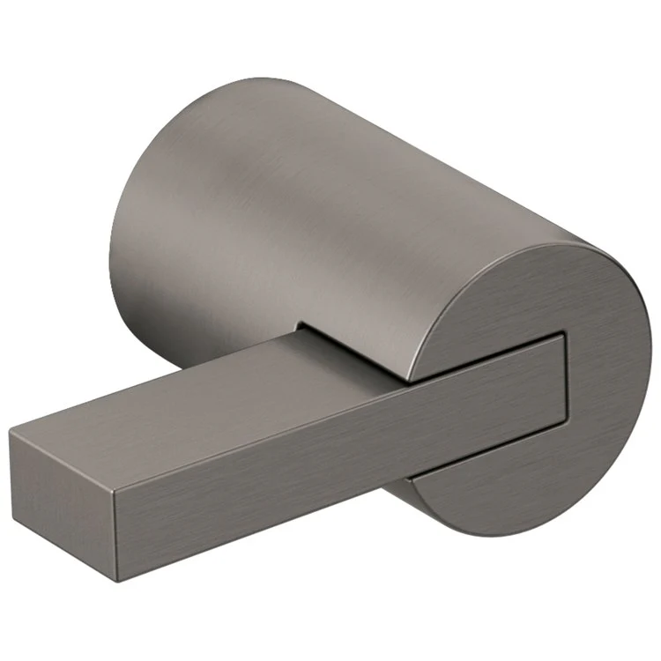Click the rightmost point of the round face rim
click(x=651, y=353)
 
